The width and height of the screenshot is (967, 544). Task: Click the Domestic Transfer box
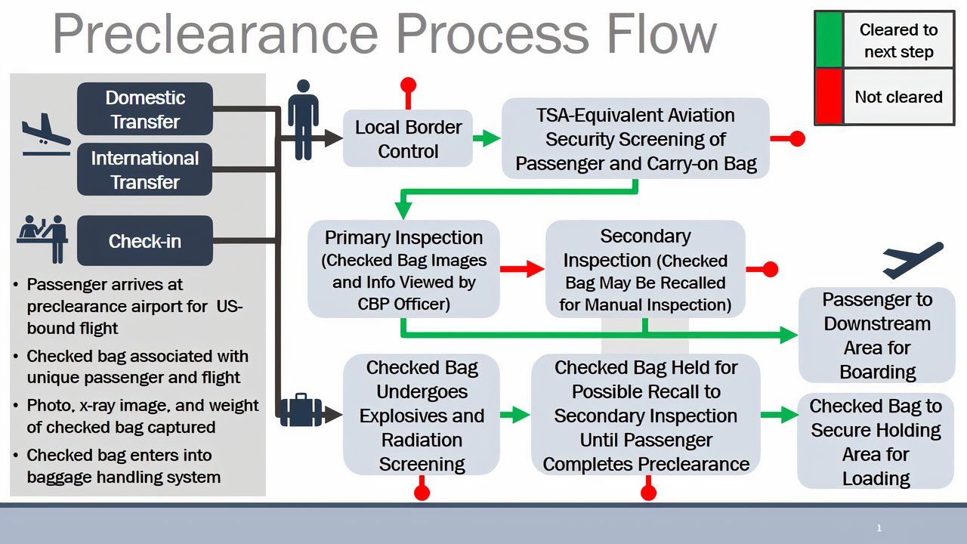tap(145, 110)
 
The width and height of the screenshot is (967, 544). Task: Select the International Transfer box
tap(145, 170)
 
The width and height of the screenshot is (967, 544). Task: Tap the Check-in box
tap(145, 241)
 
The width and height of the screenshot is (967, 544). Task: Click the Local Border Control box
tap(408, 139)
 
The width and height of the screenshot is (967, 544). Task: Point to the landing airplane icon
tap(45, 134)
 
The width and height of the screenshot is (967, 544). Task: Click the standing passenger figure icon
tap(303, 119)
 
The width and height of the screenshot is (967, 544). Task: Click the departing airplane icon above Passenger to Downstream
tap(913, 260)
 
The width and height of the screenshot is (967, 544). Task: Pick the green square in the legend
tap(829, 40)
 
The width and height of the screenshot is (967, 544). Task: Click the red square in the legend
tap(829, 97)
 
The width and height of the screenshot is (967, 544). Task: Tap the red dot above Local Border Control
tap(408, 84)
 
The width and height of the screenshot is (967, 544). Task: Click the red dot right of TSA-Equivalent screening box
tap(796, 138)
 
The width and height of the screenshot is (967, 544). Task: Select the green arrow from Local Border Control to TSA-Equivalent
tap(487, 138)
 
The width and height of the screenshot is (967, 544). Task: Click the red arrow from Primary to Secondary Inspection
tap(522, 268)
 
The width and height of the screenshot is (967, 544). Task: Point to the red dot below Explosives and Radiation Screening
tap(422, 493)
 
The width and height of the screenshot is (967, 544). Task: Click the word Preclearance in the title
tap(215, 34)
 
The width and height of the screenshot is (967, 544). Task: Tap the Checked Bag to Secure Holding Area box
tap(875, 442)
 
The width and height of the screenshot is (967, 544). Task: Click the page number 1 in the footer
tap(879, 528)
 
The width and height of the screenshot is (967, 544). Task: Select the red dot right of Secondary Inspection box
tap(770, 269)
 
